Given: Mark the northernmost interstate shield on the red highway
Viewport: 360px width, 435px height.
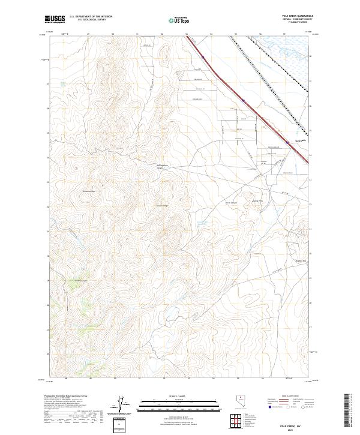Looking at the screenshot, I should tap(203, 58).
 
